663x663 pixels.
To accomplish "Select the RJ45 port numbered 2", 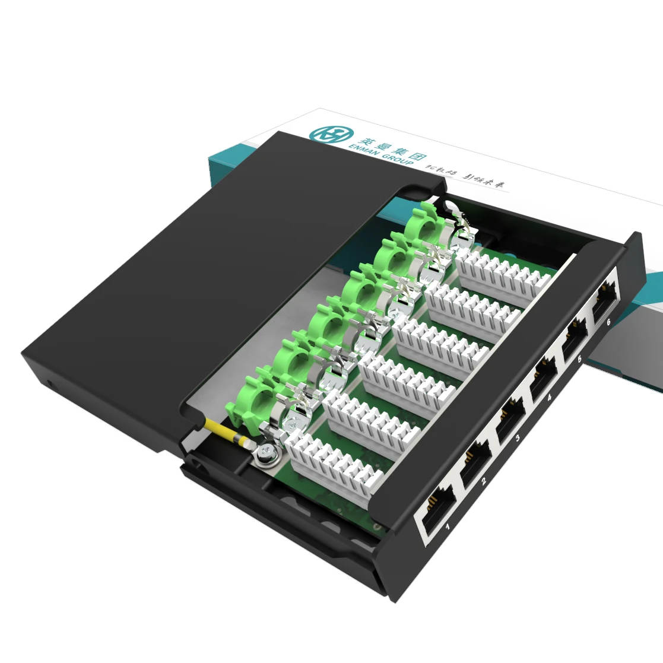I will pos(475,461).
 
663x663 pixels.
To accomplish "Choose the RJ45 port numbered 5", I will pos(573,339).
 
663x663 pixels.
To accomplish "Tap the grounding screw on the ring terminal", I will pos(265,454).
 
